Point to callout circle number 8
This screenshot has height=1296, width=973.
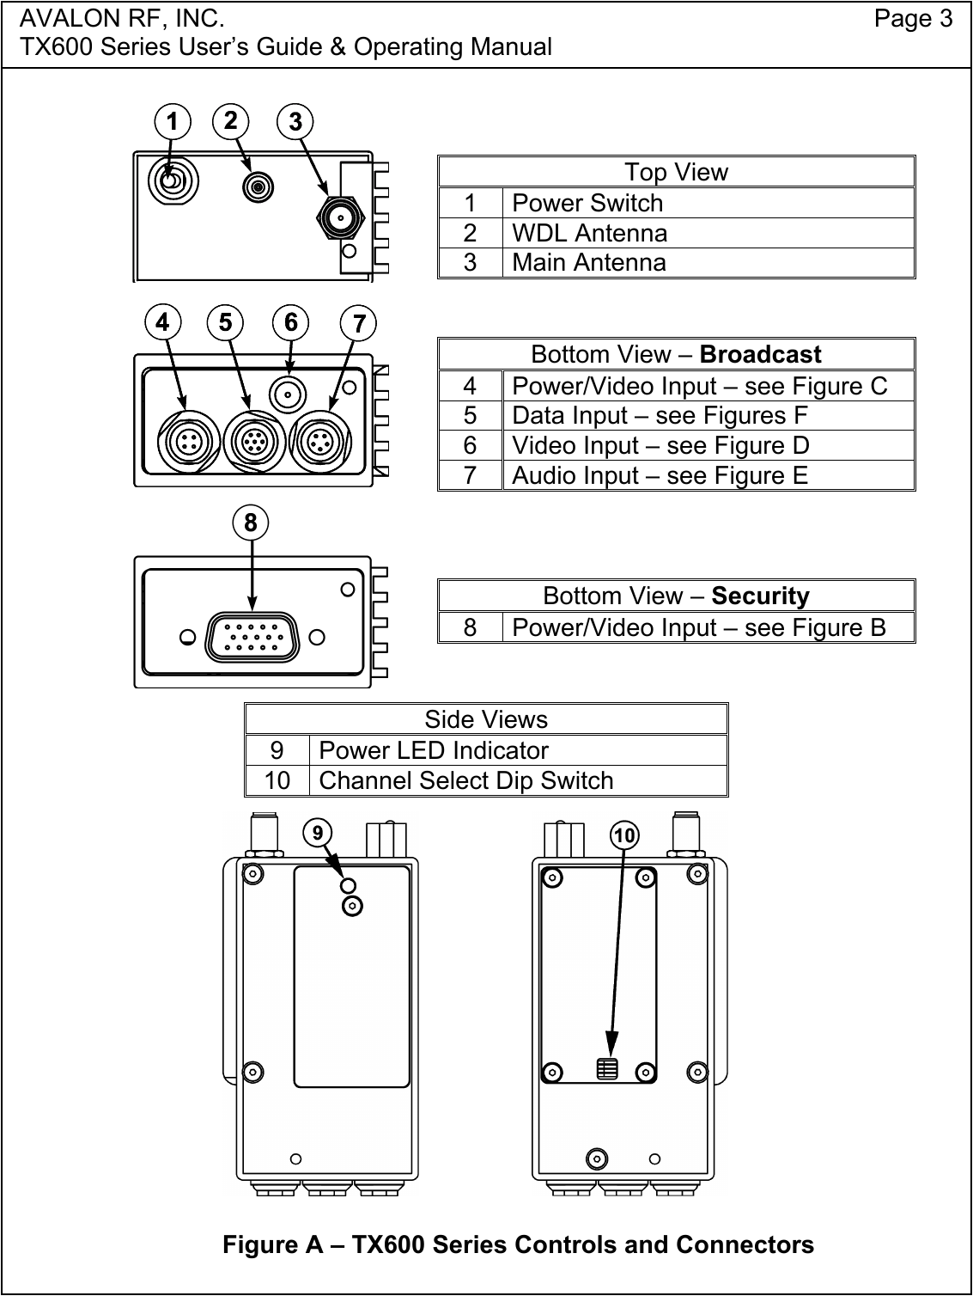pos(251,523)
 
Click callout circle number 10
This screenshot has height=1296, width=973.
pos(625,834)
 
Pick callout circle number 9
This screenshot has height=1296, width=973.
pos(318,832)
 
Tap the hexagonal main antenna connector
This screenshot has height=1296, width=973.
pos(342,218)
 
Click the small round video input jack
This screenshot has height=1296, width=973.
pos(287,394)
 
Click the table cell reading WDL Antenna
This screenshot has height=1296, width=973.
pos(589,233)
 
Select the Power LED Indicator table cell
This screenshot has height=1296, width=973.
pos(434,750)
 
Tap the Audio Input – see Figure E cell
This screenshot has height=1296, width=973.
pos(660,475)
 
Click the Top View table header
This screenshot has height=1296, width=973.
pos(676,172)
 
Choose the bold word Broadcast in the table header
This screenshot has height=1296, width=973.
pos(761,354)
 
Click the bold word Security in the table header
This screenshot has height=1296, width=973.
pos(760,596)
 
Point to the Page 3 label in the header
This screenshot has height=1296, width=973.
pos(913,19)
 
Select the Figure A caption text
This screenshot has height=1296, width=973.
pos(518,1244)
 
